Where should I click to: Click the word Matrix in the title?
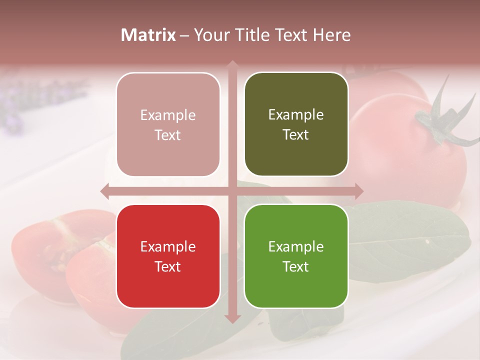pyautogui.click(x=148, y=35)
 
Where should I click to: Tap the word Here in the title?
pyautogui.click(x=331, y=35)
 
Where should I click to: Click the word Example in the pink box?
pyautogui.click(x=168, y=115)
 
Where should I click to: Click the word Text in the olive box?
pyautogui.click(x=296, y=134)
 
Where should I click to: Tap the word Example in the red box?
pyautogui.click(x=168, y=246)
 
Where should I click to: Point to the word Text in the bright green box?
pyautogui.click(x=296, y=266)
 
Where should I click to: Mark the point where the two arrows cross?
pyautogui.click(x=232, y=191)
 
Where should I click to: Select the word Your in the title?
pyautogui.click(x=207, y=35)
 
